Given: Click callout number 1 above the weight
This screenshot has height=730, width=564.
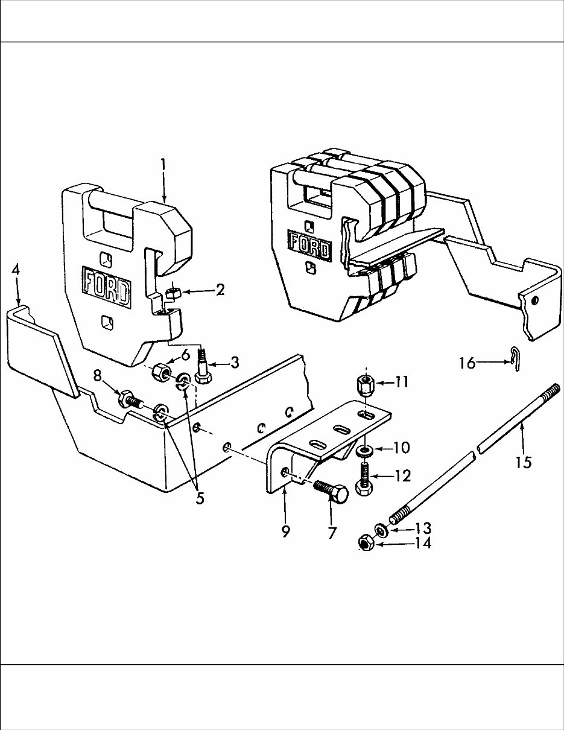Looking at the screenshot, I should coord(163,165).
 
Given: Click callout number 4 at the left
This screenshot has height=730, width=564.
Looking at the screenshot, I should coord(16,269).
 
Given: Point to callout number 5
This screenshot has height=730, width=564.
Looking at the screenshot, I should coord(200,498).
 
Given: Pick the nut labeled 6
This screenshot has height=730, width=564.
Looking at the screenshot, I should coord(160,373).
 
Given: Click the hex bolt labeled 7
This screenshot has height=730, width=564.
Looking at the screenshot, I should coord(331,493).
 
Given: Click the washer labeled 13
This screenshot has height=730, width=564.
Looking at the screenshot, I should coord(382,530).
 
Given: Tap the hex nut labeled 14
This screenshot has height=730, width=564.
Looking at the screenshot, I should coord(366,543).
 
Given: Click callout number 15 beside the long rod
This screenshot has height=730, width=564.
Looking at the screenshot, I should coord(522,462).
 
